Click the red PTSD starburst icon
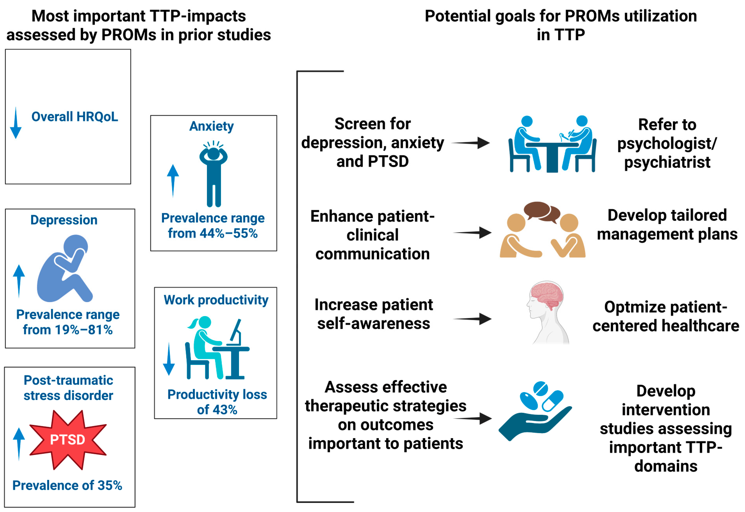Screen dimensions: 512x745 tap(68, 439)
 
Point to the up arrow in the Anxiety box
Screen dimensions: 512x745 tap(173, 181)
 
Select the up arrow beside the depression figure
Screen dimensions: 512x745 tap(19, 281)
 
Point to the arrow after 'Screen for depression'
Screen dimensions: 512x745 tap(471, 143)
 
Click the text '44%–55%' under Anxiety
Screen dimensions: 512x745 tap(229, 233)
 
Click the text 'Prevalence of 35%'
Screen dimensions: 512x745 tap(67, 485)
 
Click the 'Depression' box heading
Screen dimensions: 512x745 tap(64, 220)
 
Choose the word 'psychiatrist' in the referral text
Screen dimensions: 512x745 tap(667, 162)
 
